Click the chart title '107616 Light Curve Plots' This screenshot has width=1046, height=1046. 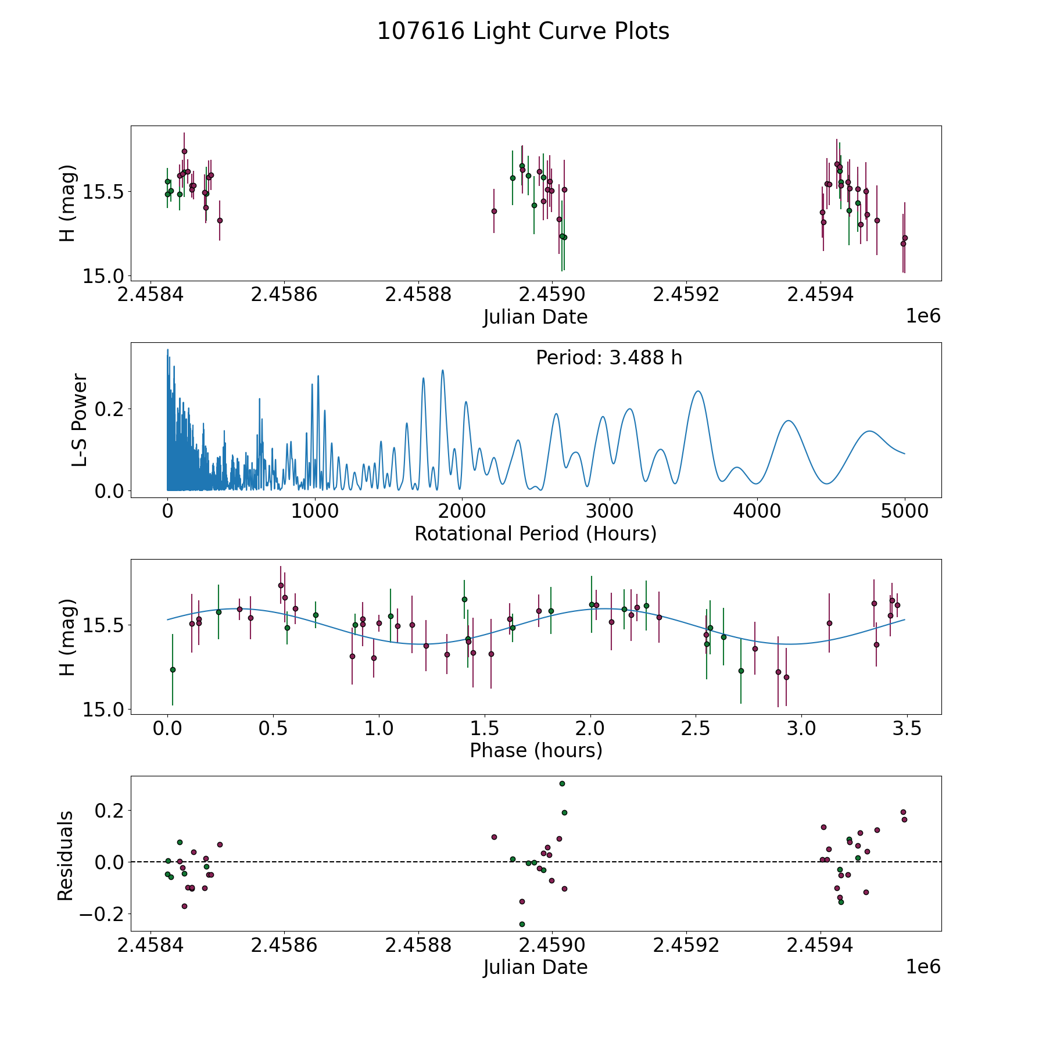tap(523, 31)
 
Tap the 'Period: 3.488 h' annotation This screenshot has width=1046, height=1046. tap(609, 358)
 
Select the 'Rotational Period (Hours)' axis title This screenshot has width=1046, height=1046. tap(535, 533)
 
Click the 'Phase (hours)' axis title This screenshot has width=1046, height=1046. tap(536, 751)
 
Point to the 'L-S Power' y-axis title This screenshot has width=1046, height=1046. tap(80, 420)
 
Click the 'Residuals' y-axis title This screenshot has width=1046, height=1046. tap(66, 856)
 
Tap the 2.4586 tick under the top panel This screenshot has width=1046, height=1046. tap(284, 295)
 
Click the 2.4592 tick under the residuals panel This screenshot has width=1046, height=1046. tap(686, 945)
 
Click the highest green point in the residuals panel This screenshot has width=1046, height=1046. tap(562, 783)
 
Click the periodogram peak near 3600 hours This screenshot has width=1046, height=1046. tap(698, 391)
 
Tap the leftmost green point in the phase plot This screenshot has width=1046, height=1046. tap(173, 669)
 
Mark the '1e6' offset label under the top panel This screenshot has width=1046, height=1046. tap(923, 316)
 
